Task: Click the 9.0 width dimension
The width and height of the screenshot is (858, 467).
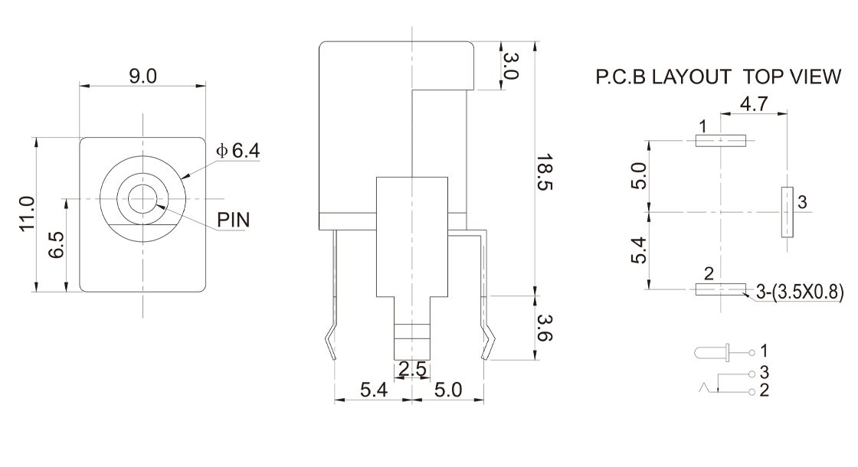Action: point(142,77)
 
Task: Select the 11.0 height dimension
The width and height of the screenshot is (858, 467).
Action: point(28,214)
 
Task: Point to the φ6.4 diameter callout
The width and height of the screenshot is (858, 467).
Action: point(238,151)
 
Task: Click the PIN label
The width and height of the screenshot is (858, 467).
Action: point(234,220)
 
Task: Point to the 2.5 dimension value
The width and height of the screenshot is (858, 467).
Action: point(412,369)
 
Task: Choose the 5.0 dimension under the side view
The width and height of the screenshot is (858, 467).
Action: point(448,390)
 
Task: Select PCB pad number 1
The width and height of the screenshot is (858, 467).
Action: point(721,140)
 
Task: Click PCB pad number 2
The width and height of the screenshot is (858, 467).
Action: point(721,289)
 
